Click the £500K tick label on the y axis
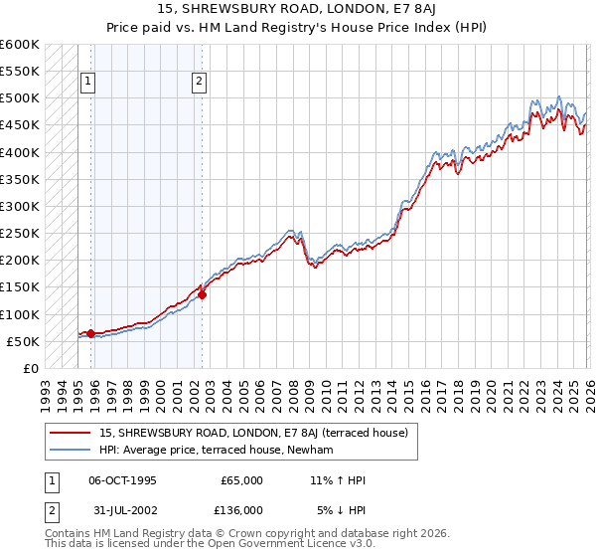[x=20, y=98]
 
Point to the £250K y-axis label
[x=20, y=234]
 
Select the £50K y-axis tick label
[x=23, y=341]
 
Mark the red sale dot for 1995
[x=90, y=333]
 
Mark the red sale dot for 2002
[x=202, y=294]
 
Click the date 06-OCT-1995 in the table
[x=123, y=480]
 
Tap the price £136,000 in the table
[x=241, y=510]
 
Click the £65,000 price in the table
[x=241, y=480]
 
